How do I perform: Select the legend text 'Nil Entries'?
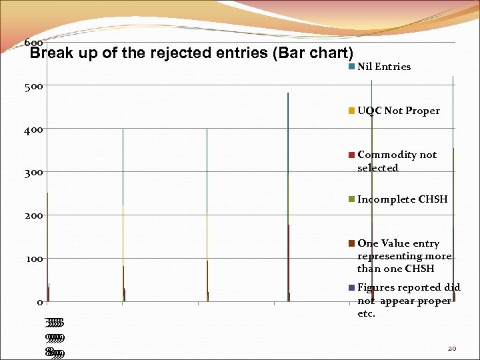(x=383, y=67)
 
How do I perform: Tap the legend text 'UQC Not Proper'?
(x=398, y=111)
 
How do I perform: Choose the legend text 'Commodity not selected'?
(x=397, y=161)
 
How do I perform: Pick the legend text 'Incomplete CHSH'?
(x=402, y=199)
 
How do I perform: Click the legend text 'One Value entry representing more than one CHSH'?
(x=404, y=256)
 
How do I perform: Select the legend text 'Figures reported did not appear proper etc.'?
(x=408, y=300)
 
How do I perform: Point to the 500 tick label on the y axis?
(x=35, y=86)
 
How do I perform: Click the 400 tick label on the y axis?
(x=35, y=129)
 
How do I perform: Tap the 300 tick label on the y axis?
(x=35, y=173)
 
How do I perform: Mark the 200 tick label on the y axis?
(x=35, y=216)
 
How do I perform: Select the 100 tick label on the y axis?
(x=35, y=259)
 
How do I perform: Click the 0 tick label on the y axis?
(x=39, y=303)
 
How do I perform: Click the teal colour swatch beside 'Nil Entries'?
(x=351, y=67)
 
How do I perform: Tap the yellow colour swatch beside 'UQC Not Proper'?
(x=351, y=111)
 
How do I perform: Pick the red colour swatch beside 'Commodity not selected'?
(x=351, y=155)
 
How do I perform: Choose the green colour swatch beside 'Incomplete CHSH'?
(x=351, y=199)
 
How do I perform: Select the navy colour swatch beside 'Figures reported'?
(x=351, y=287)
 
